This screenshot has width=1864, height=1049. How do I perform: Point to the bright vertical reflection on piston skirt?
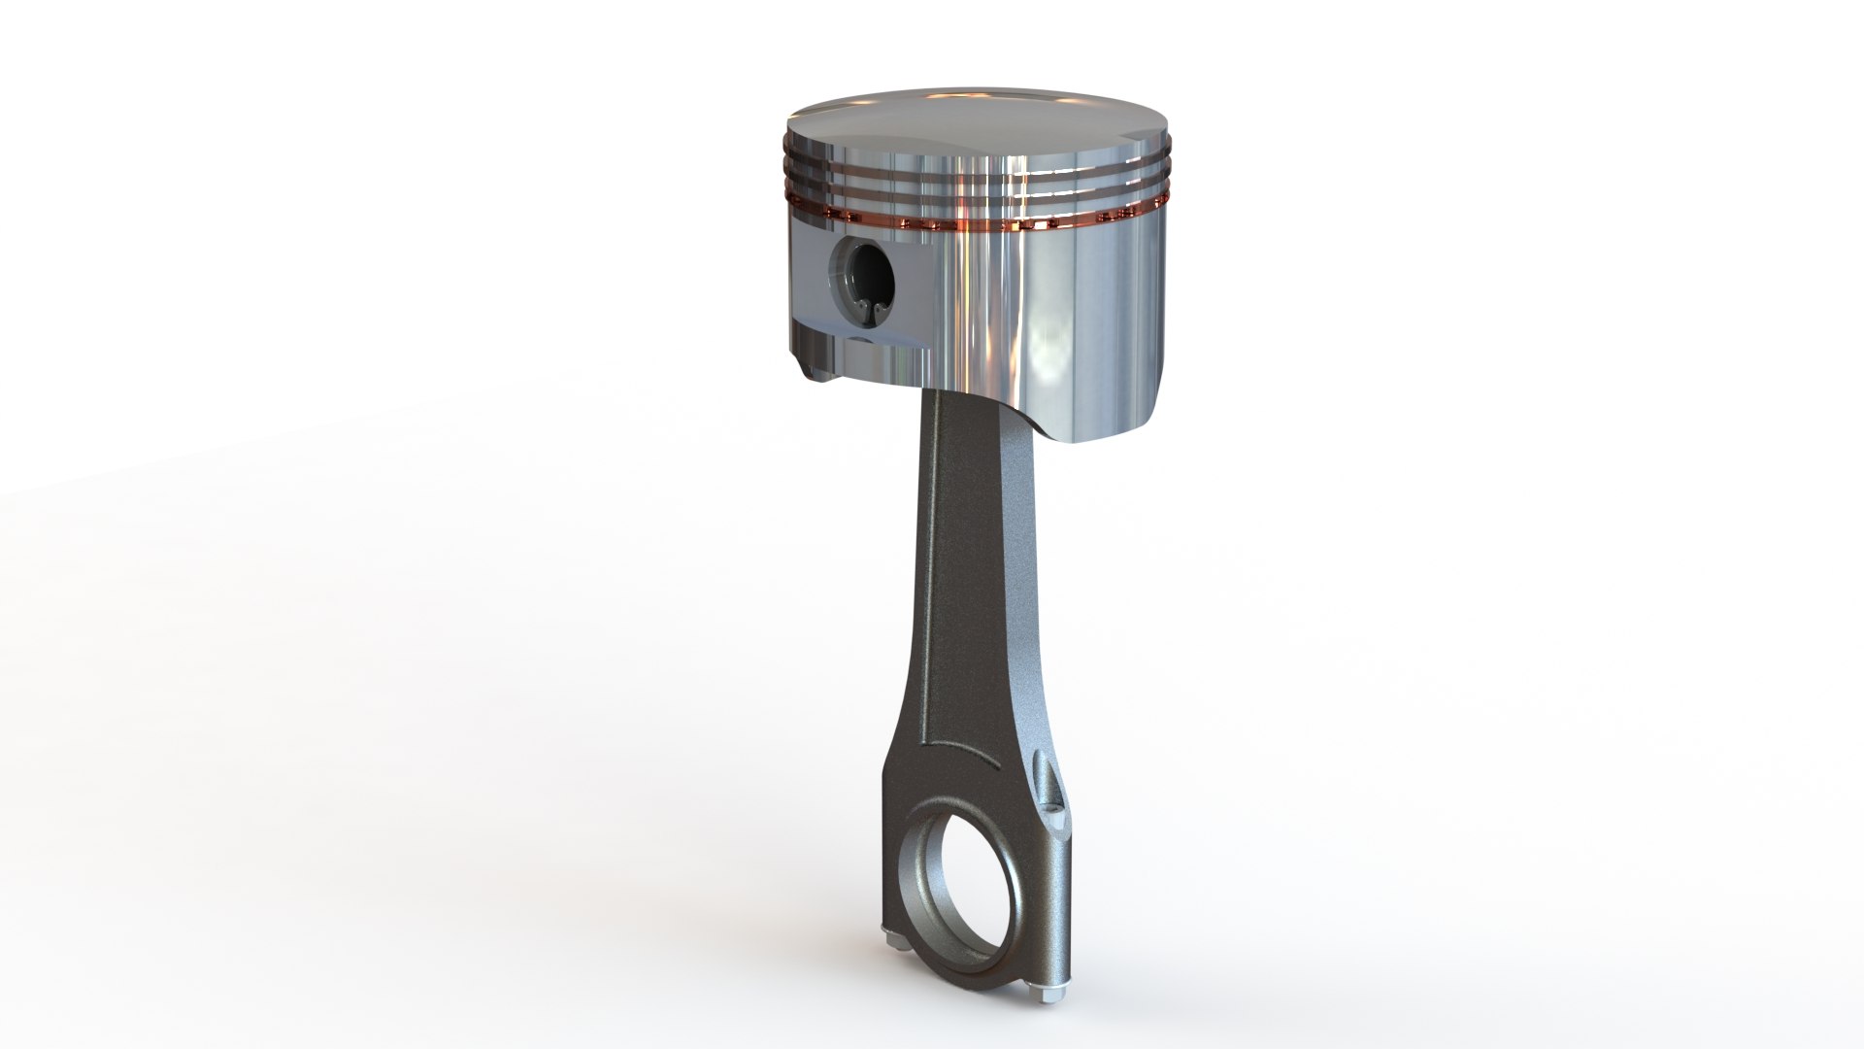[971, 311]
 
